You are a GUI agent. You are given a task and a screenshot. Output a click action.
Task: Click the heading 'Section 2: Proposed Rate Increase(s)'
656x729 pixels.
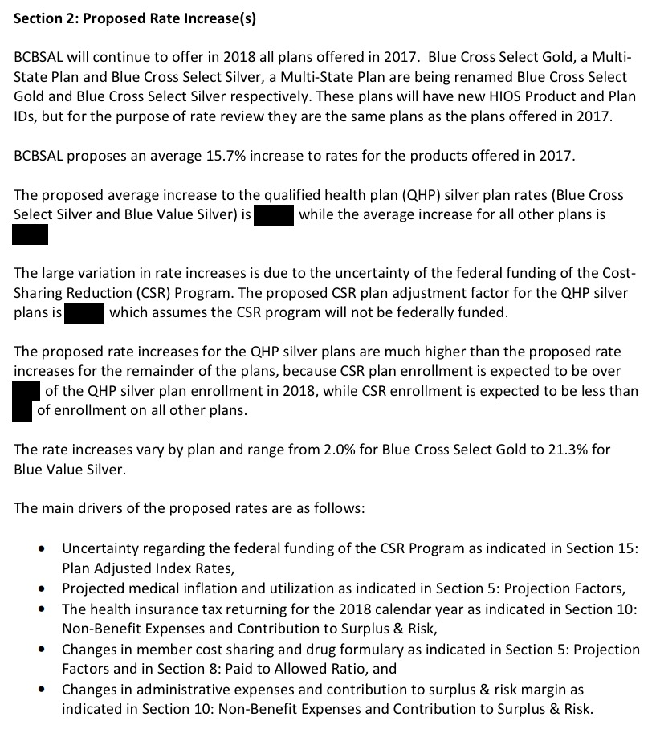click(135, 20)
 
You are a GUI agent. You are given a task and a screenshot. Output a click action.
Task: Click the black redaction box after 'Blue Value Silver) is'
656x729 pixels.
click(274, 215)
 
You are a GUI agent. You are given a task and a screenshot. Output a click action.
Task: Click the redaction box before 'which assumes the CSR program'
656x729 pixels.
click(85, 312)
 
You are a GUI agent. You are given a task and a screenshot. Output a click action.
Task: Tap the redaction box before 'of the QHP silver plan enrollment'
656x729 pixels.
click(26, 391)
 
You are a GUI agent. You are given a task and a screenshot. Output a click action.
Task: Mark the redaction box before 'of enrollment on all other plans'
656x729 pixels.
click(22, 410)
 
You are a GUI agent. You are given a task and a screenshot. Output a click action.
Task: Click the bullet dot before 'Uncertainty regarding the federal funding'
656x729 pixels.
click(42, 549)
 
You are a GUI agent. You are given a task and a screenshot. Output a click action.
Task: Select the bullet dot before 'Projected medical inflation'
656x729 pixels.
click(42, 588)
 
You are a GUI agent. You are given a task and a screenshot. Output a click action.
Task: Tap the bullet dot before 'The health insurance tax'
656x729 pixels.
click(42, 609)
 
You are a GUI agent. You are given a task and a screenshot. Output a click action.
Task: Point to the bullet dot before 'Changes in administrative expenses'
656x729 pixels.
click(42, 690)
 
